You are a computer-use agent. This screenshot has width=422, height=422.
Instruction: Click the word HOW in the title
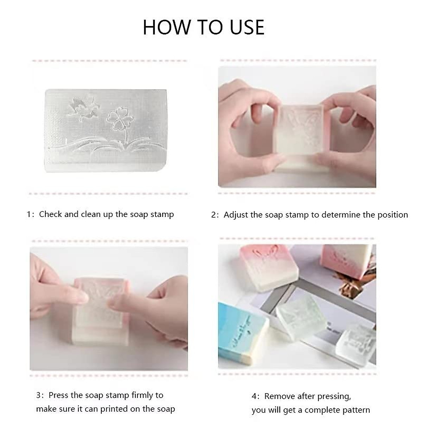pos(163,27)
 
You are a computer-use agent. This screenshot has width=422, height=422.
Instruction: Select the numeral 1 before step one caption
pos(29,215)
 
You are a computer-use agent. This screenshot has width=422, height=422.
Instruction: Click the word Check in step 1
pos(51,214)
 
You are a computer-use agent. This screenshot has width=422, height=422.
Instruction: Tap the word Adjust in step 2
pos(236,215)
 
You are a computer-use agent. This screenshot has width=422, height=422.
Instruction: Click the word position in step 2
pos(392,215)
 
